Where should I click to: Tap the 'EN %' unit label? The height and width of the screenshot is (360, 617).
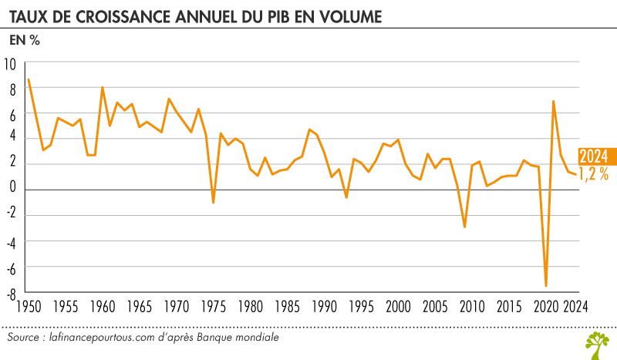(x=24, y=41)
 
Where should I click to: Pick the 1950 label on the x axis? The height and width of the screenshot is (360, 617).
(x=29, y=307)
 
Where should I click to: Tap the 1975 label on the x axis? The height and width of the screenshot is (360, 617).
(x=214, y=307)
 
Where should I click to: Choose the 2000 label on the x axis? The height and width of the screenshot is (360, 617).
(x=399, y=307)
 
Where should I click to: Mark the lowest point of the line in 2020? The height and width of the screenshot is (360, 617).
(x=546, y=286)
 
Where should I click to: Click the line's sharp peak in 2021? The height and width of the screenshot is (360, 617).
(x=554, y=101)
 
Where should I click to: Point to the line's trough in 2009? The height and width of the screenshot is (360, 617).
(x=464, y=227)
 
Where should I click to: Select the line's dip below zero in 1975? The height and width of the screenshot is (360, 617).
(x=213, y=203)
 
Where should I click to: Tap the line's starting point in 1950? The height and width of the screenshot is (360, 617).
(x=29, y=79)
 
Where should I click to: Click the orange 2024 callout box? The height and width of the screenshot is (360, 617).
(x=593, y=155)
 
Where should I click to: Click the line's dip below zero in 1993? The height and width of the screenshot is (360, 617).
(x=346, y=197)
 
